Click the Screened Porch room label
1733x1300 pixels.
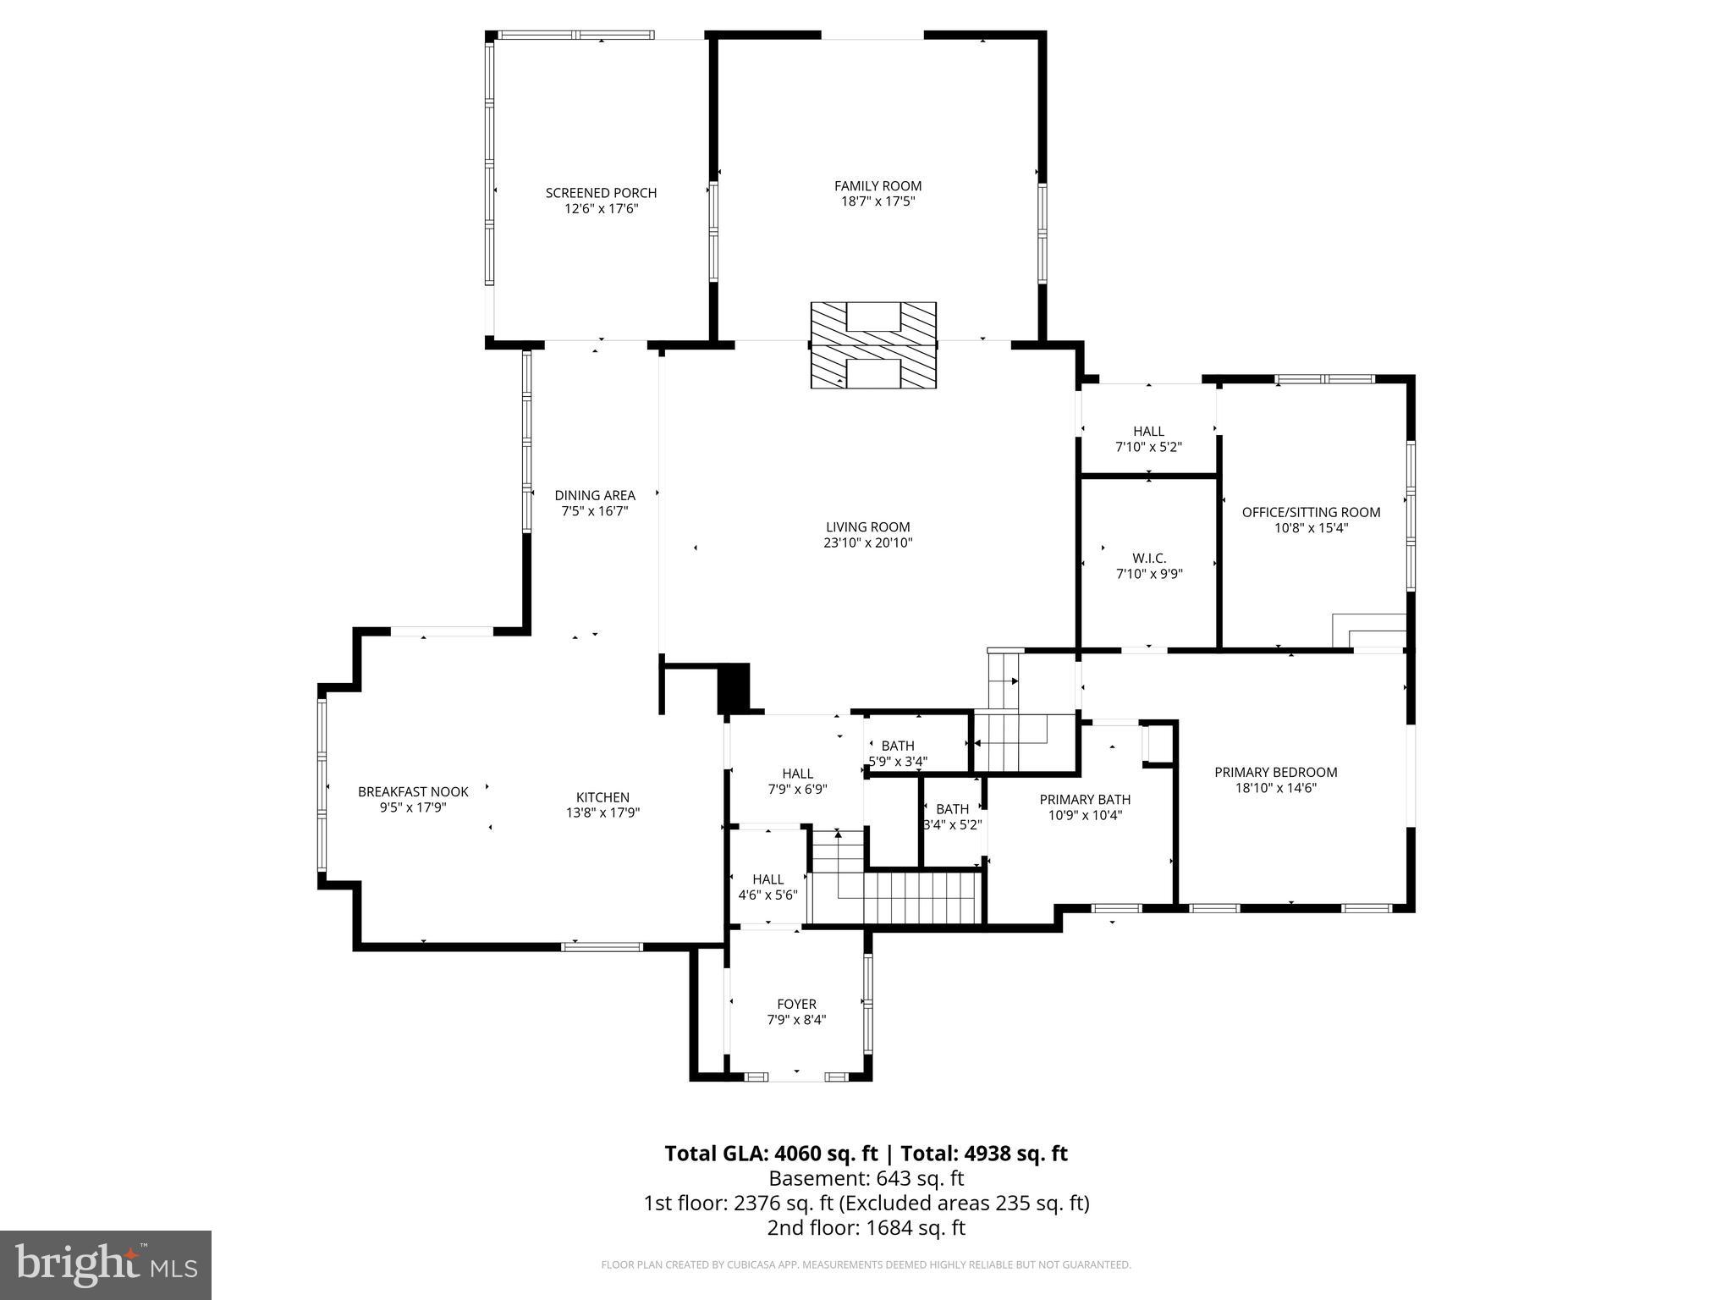(601, 193)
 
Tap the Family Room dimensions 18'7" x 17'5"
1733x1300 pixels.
(878, 201)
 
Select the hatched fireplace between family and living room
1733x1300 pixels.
(873, 345)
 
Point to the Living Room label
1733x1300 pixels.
(867, 527)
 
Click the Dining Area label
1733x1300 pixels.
(594, 496)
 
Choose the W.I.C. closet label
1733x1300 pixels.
(1149, 559)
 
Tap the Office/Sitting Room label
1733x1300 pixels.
(1311, 512)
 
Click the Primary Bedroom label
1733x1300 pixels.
(1275, 772)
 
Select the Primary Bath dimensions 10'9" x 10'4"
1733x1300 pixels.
(1085, 815)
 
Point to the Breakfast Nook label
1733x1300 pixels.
(413, 792)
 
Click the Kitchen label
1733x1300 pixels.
(602, 797)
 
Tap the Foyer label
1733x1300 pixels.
(796, 1005)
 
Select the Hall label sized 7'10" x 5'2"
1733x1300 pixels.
(1148, 432)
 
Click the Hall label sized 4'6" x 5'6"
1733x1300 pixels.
(767, 879)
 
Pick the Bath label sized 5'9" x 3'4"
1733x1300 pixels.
(898, 746)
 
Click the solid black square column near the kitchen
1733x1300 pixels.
(734, 687)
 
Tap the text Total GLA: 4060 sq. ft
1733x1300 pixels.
(771, 1154)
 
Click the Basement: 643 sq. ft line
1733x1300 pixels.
(866, 1178)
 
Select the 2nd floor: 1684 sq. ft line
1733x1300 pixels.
(866, 1227)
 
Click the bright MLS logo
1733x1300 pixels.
(106, 1264)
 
